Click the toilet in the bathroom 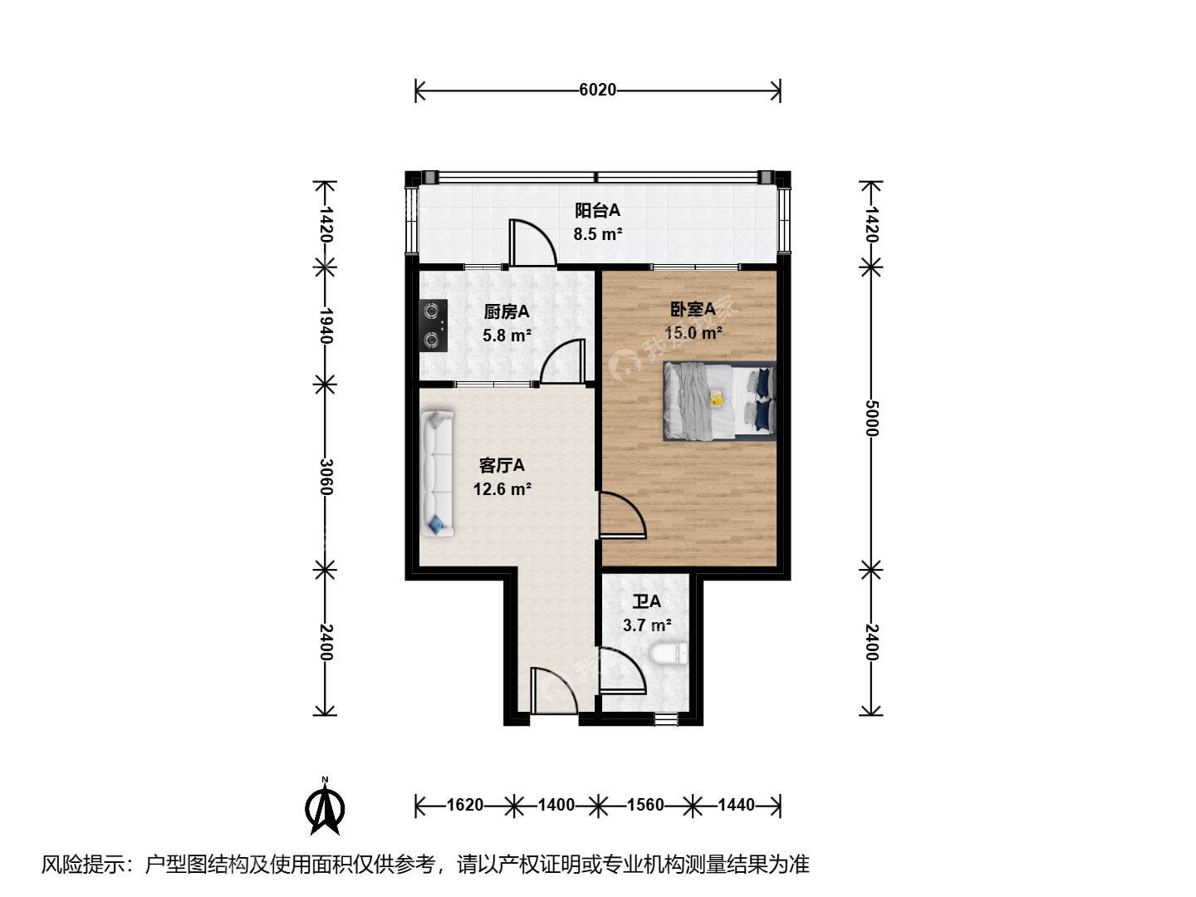point(669,654)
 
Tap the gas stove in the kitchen point(433,325)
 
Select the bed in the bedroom point(718,401)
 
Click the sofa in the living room point(438,473)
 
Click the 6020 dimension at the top point(597,90)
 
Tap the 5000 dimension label point(871,419)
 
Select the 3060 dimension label point(326,477)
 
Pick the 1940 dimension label point(326,325)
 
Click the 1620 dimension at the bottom point(465,805)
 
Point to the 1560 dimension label point(645,805)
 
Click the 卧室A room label point(693,309)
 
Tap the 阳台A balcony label point(598,210)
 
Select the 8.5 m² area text point(598,234)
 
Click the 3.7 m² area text point(647,625)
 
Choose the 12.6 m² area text point(502,489)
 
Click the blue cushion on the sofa point(435,525)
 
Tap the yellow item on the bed point(716,398)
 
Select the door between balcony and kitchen point(532,243)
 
